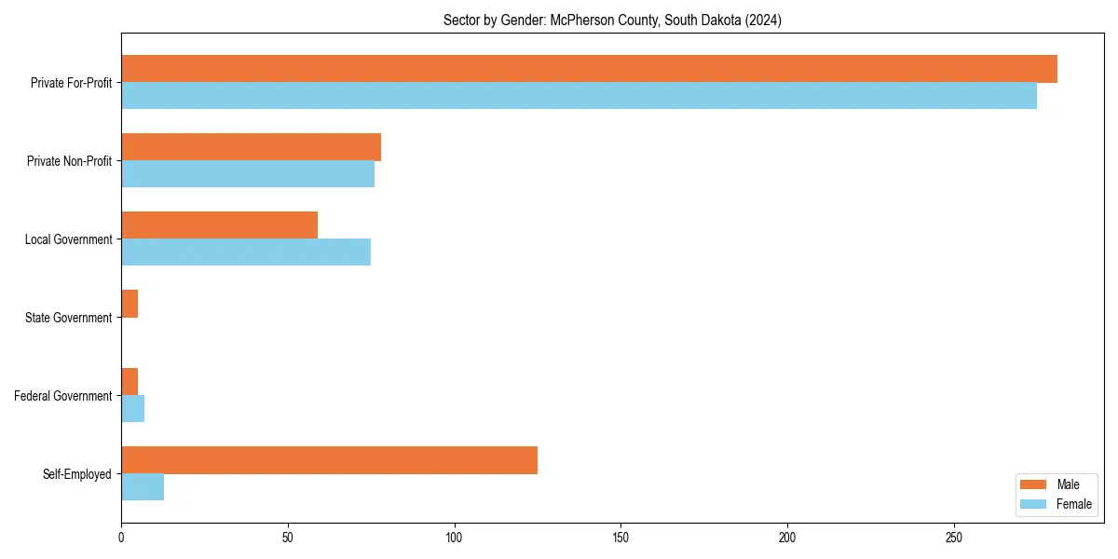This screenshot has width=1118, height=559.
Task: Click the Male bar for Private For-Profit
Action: click(x=589, y=69)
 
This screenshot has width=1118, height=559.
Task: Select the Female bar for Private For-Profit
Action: click(x=579, y=96)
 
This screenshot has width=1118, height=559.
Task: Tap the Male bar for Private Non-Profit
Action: click(x=251, y=147)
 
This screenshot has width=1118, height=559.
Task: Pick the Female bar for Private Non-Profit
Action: click(x=248, y=174)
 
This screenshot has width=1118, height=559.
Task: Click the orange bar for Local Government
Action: click(x=219, y=225)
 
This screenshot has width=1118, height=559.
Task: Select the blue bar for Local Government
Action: click(x=246, y=252)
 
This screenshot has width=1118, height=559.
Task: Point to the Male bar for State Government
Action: click(x=130, y=304)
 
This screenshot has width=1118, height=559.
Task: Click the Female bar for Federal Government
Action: click(x=132, y=409)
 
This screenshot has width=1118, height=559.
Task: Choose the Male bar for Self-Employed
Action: click(x=329, y=460)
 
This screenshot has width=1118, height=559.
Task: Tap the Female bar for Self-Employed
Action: click(x=143, y=487)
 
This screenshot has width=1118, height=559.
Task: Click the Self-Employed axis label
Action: click(x=77, y=474)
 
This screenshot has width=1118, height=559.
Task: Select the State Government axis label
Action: click(x=68, y=318)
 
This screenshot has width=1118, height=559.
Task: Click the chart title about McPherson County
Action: click(x=612, y=20)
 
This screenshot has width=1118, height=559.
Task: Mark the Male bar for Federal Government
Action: click(x=130, y=382)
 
